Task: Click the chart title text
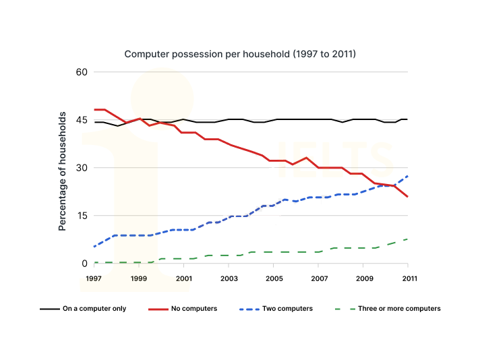(239, 53)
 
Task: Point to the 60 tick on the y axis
(82, 72)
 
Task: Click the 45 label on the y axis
(82, 120)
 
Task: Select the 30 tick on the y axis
(82, 168)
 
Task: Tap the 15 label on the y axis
(82, 216)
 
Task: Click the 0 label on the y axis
(85, 264)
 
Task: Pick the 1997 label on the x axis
(94, 278)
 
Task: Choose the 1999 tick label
(139, 278)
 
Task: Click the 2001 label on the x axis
(184, 278)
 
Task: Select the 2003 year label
(229, 278)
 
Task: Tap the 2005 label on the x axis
(274, 278)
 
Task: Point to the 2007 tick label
(319, 278)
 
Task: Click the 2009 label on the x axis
(364, 278)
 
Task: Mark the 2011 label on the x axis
(409, 278)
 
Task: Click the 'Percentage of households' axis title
(63, 172)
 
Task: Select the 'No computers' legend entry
(193, 309)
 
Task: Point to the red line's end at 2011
(408, 196)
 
